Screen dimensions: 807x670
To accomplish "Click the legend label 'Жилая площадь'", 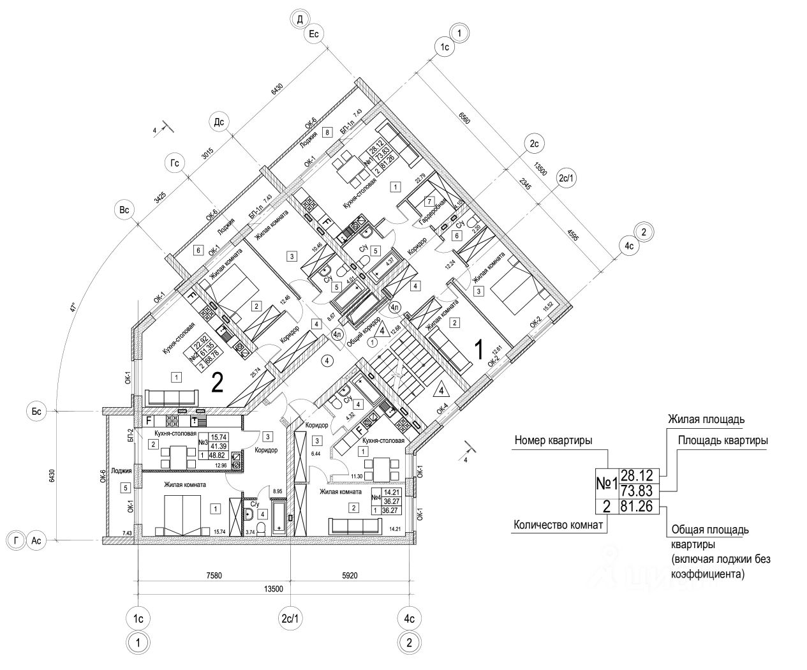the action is (706, 420).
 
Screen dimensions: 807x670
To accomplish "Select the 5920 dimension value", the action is (350, 576).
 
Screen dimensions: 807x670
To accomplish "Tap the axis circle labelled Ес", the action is (313, 34).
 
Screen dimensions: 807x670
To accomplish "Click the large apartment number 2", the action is (217, 383).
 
